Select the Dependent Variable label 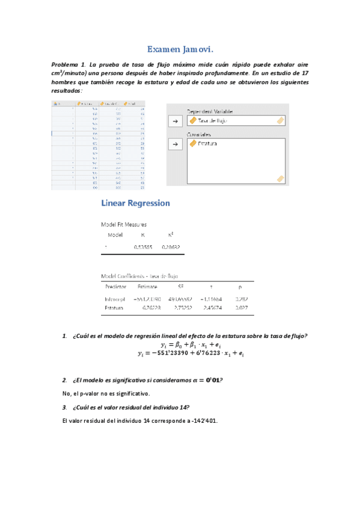coord(209,111)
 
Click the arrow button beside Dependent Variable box coord(175,121)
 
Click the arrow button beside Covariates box coord(175,144)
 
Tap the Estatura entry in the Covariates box coord(207,144)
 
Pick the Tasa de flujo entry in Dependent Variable coord(213,121)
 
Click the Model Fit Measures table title coord(123,224)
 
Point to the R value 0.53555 coord(143,247)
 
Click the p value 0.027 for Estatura coord(240,307)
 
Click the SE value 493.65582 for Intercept coord(180,298)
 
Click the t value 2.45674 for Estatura coord(213,307)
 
